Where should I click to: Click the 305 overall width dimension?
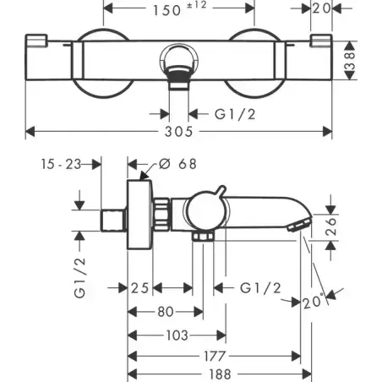pos(178,132)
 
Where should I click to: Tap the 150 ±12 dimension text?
pos(180,9)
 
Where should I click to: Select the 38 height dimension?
pos(350,60)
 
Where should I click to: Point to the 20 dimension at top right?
pos(321,8)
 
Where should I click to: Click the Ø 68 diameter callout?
pos(177,164)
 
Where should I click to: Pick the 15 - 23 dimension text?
pos(62,164)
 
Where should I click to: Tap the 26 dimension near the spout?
pos(331,226)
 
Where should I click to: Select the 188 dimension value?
pos(220,374)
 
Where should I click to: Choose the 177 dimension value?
pos(215,356)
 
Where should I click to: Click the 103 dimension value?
pos(177,336)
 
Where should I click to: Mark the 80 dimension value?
pos(166,312)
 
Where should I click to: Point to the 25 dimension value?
pos(139,288)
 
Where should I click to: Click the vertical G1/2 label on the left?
pos(79,278)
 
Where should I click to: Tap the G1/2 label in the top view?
pos(235,114)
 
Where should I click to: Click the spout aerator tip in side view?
pos(299,225)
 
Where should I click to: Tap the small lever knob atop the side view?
pos(221,191)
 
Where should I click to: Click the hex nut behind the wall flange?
pos(161,214)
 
